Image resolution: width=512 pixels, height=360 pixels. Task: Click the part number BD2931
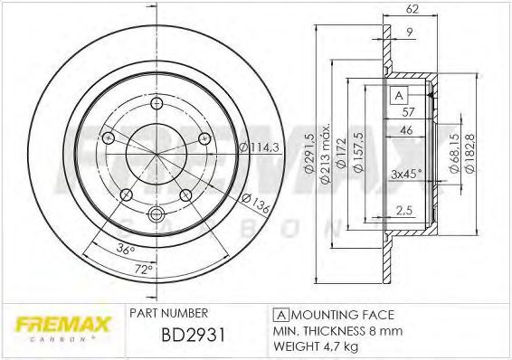tap(194, 335)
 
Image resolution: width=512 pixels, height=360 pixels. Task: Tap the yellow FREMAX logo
tap(63, 325)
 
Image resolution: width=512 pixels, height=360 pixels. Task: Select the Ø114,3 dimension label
tap(259, 147)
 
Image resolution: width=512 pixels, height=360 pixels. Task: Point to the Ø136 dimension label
tap(256, 204)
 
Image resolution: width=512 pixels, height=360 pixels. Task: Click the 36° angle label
tap(126, 249)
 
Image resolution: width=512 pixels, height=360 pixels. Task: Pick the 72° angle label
tap(144, 269)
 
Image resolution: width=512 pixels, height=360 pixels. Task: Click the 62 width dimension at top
tap(412, 9)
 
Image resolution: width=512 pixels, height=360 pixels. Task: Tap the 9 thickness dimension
tap(410, 32)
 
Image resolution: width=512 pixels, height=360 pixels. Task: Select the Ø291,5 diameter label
tap(309, 153)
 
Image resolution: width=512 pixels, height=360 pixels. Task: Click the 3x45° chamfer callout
tap(406, 174)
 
